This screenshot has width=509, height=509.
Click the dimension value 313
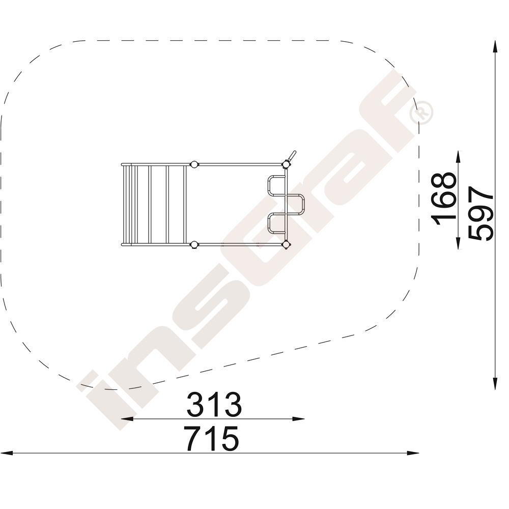pyautogui.click(x=214, y=405)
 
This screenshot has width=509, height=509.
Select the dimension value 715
pyautogui.click(x=211, y=439)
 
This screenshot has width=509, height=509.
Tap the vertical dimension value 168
pyautogui.click(x=444, y=199)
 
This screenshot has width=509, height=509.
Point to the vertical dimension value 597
pyautogui.click(x=481, y=213)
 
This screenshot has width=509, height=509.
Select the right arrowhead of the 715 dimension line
pyautogui.click(x=413, y=453)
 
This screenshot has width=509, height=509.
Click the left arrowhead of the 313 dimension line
pyautogui.click(x=127, y=419)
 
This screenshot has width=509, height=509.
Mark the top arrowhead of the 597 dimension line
pyautogui.click(x=495, y=46)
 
